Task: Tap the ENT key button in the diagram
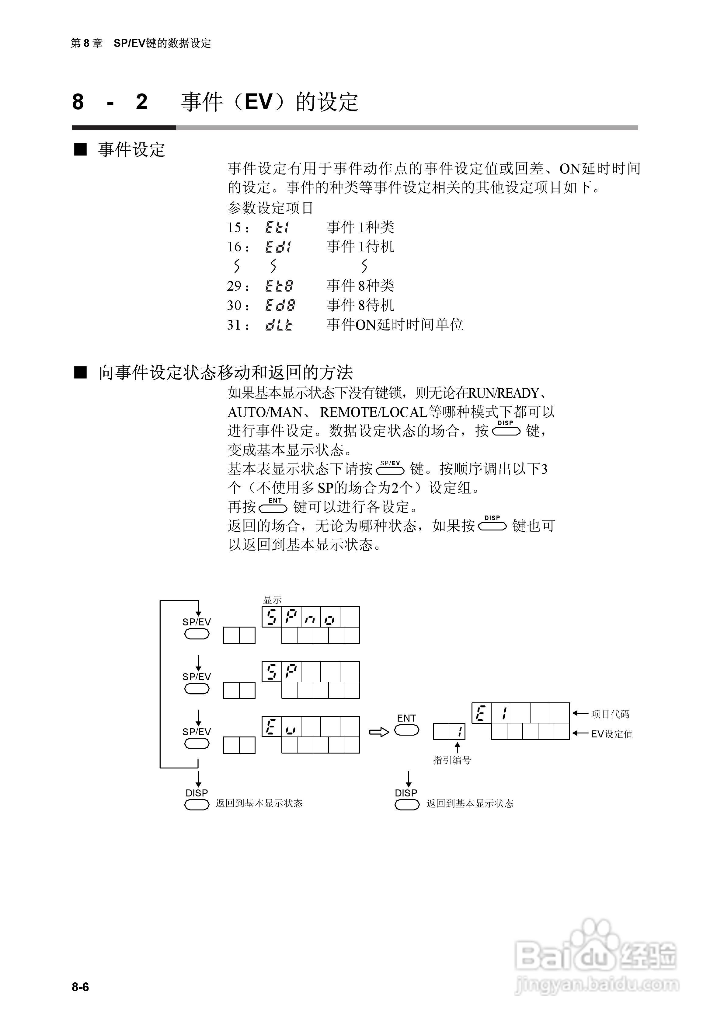[407, 730]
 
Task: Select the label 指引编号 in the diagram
[452, 760]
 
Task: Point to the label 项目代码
[610, 714]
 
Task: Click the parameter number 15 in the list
[234, 228]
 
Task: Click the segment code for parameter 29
[279, 286]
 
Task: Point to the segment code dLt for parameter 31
[279, 325]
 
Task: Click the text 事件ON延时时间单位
[395, 324]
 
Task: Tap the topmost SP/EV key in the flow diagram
[197, 634]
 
